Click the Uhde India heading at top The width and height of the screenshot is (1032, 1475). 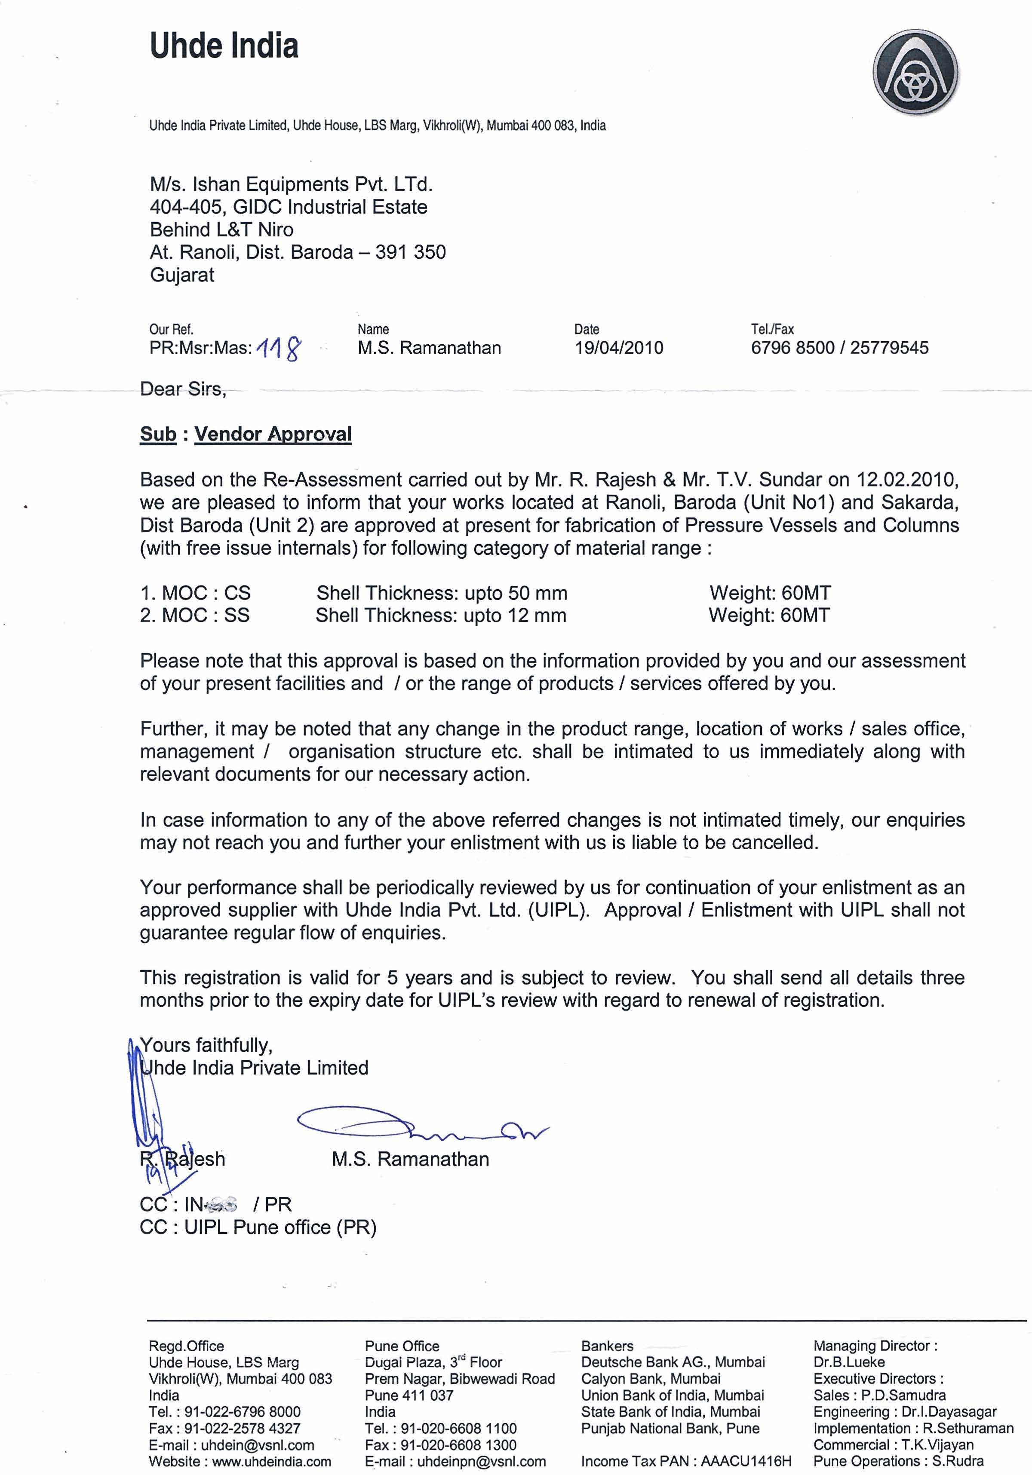224,46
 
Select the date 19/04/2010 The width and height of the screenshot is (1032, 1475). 618,348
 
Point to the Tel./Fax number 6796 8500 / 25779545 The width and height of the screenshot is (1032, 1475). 839,348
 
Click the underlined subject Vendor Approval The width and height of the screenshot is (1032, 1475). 273,434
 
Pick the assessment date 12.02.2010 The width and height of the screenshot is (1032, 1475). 907,480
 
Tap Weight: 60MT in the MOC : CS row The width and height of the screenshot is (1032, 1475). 770,593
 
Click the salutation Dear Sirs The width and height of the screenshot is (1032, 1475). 183,389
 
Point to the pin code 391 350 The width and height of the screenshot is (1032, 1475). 411,252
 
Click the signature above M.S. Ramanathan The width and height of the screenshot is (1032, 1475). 418,1125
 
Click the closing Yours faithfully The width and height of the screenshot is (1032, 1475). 206,1045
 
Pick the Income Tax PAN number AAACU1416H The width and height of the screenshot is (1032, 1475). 746,1462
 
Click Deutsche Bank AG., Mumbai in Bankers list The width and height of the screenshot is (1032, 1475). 673,1362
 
